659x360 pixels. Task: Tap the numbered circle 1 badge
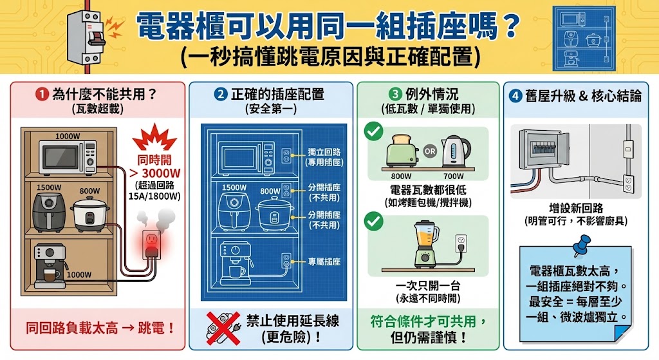[42, 94]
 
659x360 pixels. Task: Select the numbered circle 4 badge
[515, 96]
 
